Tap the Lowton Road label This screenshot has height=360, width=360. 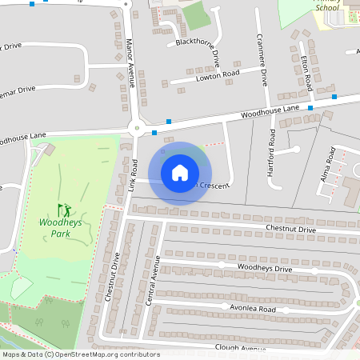click(x=216, y=76)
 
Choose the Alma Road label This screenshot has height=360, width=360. click(x=326, y=165)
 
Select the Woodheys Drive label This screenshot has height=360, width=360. click(x=265, y=267)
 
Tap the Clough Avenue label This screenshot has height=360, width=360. click(x=240, y=349)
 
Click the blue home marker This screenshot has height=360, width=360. click(x=180, y=173)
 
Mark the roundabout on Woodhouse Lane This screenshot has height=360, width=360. click(x=137, y=127)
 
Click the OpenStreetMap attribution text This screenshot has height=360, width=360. click(x=80, y=354)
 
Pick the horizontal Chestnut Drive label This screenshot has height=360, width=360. click(x=290, y=230)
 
